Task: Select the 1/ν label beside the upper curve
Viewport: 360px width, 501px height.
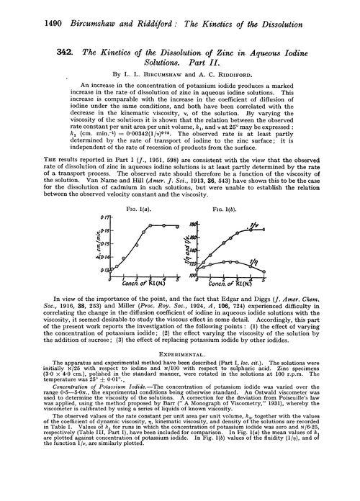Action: click(x=273, y=227)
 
